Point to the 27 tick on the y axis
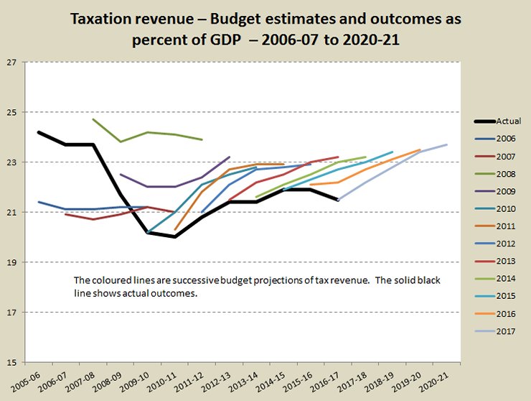pos(11,62)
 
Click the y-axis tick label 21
pos(11,212)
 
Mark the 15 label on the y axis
pos(11,361)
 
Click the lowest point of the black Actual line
pos(174,236)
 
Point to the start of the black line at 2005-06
pos(39,132)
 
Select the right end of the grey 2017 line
pos(446,144)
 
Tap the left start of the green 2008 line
pos(93,119)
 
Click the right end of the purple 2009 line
pos(229,157)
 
